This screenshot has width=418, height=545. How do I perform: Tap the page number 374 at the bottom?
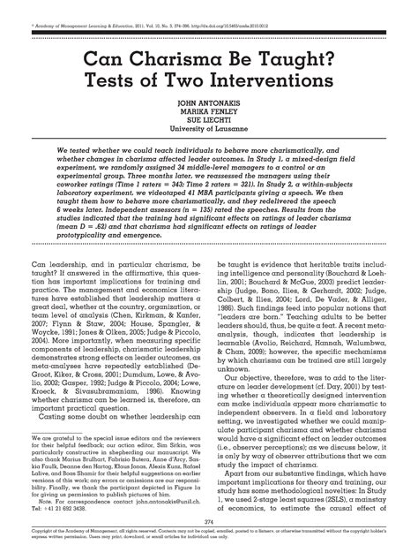click(x=209, y=522)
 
